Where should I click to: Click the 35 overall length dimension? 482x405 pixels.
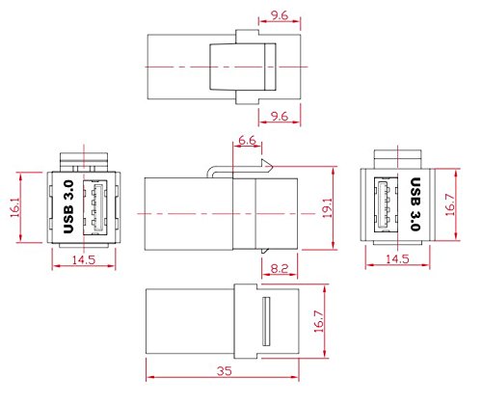[x=224, y=371]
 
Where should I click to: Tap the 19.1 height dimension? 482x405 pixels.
[x=328, y=208]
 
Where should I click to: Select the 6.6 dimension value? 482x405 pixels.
[x=248, y=140]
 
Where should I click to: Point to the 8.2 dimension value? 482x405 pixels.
[x=280, y=268]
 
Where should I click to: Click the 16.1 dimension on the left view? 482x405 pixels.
[x=15, y=207]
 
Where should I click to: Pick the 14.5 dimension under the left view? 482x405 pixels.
[x=84, y=259]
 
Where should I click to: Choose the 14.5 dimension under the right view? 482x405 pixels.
[x=397, y=258]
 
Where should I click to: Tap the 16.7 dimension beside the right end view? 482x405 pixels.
[x=450, y=204]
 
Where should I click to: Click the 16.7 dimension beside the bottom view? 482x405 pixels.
[x=319, y=321]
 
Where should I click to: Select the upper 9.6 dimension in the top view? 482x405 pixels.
[x=280, y=15]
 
